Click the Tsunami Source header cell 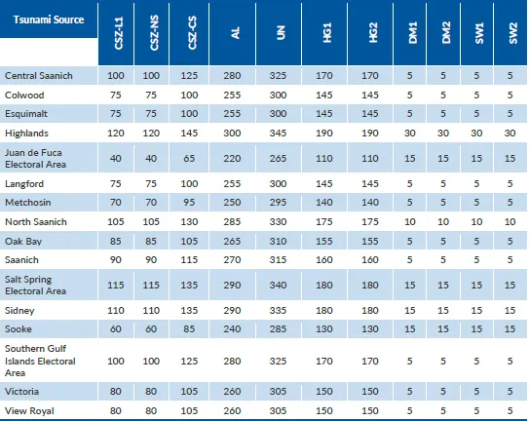[x=49, y=19]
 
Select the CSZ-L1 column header [x=119, y=33]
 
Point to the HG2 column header [x=373, y=33]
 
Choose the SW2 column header [x=512, y=33]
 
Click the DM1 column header [x=413, y=33]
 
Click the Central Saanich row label [x=39, y=76]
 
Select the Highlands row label [x=26, y=134]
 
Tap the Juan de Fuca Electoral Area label [x=35, y=158]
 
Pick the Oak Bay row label [x=23, y=242]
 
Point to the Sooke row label [x=19, y=329]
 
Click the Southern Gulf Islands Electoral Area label [x=40, y=361]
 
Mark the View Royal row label [x=29, y=411]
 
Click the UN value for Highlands [x=278, y=134]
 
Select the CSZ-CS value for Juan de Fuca [x=189, y=158]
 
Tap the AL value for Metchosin [x=232, y=202]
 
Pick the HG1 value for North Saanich [x=324, y=222]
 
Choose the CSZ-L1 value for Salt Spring [x=116, y=285]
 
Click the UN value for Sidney [x=278, y=310]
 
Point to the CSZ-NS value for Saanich [x=151, y=259]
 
